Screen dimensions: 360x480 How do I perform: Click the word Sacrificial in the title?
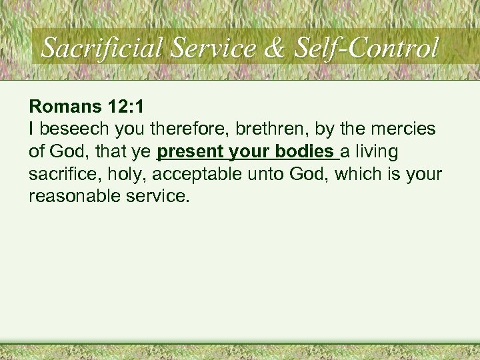coord(102,47)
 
